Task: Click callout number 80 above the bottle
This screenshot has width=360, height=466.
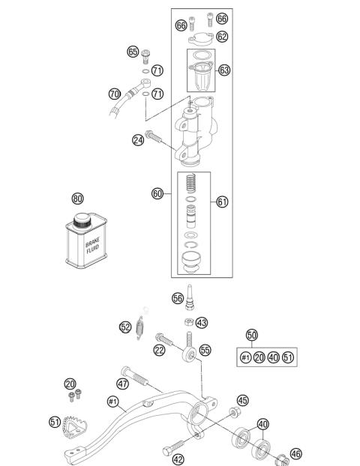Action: pos(77,199)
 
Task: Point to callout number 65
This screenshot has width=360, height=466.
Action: pos(133,52)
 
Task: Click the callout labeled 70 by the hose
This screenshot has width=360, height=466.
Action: pos(114,94)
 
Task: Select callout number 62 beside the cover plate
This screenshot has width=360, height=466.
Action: pos(222,36)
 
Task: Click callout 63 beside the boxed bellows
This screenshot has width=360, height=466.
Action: pos(223,70)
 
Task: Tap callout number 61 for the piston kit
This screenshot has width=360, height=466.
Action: pos(222,202)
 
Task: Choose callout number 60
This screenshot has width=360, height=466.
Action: pos(157,193)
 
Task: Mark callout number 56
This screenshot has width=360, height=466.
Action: pos(178,297)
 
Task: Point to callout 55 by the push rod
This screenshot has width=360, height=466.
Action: pos(205,350)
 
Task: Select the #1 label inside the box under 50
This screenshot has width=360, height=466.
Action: pos(244,357)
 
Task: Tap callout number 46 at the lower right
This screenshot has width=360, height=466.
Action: pos(296,453)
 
